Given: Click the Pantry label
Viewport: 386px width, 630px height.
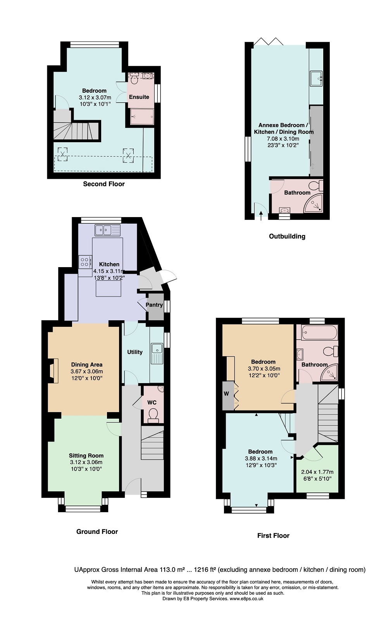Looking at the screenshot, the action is coord(154,305).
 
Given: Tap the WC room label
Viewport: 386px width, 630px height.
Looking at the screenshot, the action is coord(152,402).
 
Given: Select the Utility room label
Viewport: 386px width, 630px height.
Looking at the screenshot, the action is coord(134,352).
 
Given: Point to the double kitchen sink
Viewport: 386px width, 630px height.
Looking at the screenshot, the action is coord(107,230).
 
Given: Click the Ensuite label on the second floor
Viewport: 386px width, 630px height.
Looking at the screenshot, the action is coord(139,97).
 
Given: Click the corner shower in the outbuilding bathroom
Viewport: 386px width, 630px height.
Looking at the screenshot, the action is coord(314,203).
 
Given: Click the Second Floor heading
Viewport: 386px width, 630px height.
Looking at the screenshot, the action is coord(104,184).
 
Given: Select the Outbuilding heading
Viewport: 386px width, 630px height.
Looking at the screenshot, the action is coord(287,236).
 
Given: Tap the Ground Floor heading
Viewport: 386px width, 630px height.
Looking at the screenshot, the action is coord(97,532).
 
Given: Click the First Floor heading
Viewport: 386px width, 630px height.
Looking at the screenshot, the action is coord(273,535).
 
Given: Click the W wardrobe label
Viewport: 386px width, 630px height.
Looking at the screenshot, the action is coord(227,394).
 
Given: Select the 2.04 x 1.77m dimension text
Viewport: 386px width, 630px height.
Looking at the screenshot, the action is coord(317,472).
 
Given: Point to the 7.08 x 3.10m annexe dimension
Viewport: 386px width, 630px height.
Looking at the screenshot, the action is coord(283,139).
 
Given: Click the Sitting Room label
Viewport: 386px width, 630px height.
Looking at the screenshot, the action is coord(86,456).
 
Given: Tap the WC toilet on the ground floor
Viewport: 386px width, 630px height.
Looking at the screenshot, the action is coord(153,416).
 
